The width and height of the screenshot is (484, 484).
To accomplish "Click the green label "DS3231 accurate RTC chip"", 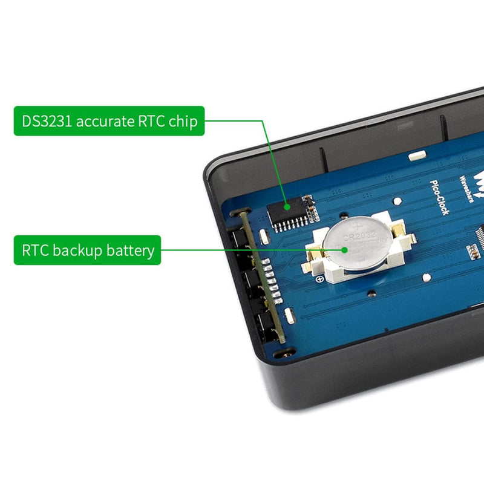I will tap(110, 121).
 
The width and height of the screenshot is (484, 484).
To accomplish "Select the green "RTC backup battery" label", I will tap(88, 250).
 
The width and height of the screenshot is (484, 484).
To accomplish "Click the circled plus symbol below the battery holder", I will tap(319, 279).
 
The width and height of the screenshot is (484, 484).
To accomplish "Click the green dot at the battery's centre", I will tap(344, 249).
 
